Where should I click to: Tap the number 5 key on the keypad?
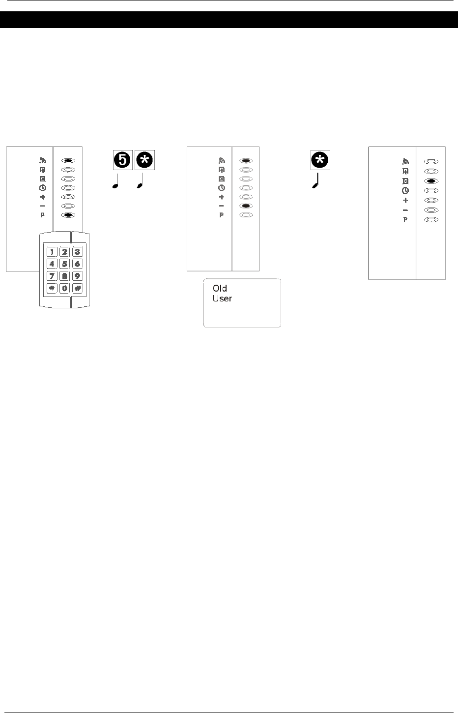point(64,264)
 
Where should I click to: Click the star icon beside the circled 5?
point(144,160)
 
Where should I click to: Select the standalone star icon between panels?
point(320,160)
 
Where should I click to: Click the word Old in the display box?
point(220,289)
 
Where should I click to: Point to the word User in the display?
point(222,298)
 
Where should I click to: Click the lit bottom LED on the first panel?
point(68,215)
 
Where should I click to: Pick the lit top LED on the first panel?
point(68,160)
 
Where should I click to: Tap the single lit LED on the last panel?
point(431,181)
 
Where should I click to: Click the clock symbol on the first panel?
point(42,187)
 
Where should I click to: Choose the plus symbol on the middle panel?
point(222,197)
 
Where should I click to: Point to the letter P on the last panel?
point(405,220)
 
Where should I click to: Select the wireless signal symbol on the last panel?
point(405,161)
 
